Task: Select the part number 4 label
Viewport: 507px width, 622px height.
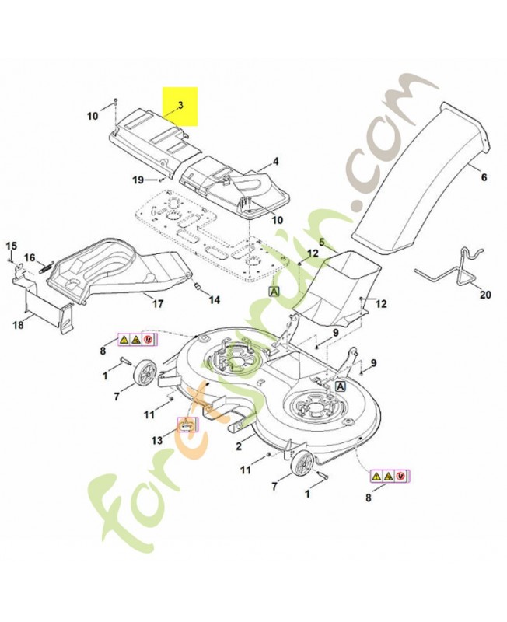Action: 274,162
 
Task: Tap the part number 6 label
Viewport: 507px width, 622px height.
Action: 484,177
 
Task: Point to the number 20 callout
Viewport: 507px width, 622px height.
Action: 486,295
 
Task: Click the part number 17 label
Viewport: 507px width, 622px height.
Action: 158,304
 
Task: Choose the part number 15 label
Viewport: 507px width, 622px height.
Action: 11,246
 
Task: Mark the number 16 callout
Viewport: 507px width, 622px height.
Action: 30,257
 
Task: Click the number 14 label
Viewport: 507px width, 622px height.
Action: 214,299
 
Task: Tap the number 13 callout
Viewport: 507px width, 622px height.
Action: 158,440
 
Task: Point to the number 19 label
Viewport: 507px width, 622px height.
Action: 137,180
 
